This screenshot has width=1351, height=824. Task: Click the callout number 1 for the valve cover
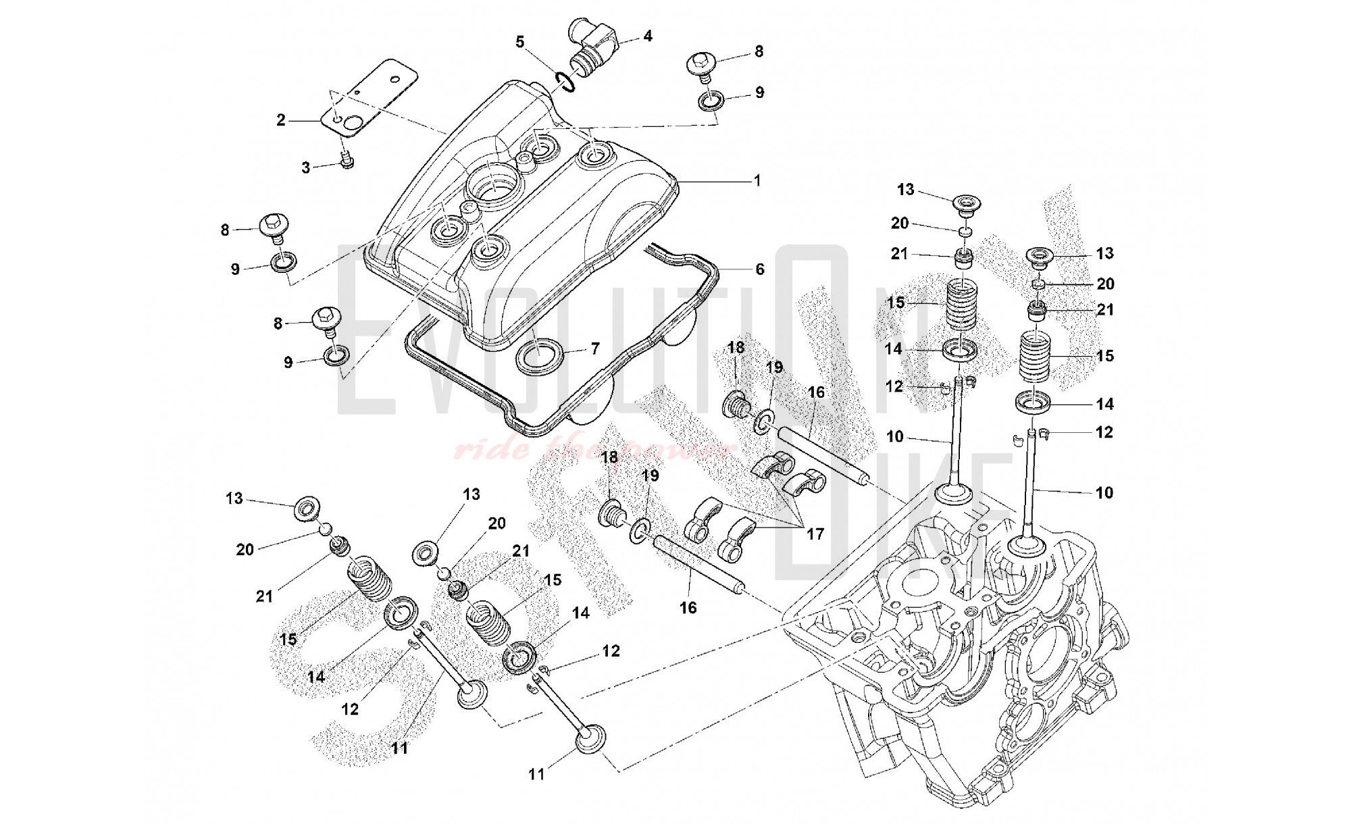coord(757,180)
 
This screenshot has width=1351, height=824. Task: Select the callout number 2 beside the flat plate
coord(281,121)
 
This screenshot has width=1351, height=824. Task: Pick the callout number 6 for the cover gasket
coord(759,269)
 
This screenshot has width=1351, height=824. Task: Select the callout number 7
coord(594,349)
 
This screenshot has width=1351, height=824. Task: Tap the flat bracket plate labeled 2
coord(368,98)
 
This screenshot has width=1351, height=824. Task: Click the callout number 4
coord(647,36)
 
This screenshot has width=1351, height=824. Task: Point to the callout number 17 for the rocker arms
coord(815,534)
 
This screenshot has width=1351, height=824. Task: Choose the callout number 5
coord(519,42)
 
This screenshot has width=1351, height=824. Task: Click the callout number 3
coord(305,168)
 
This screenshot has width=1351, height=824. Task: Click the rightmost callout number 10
coord(1104,492)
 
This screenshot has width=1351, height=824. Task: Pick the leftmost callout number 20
coord(245,550)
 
